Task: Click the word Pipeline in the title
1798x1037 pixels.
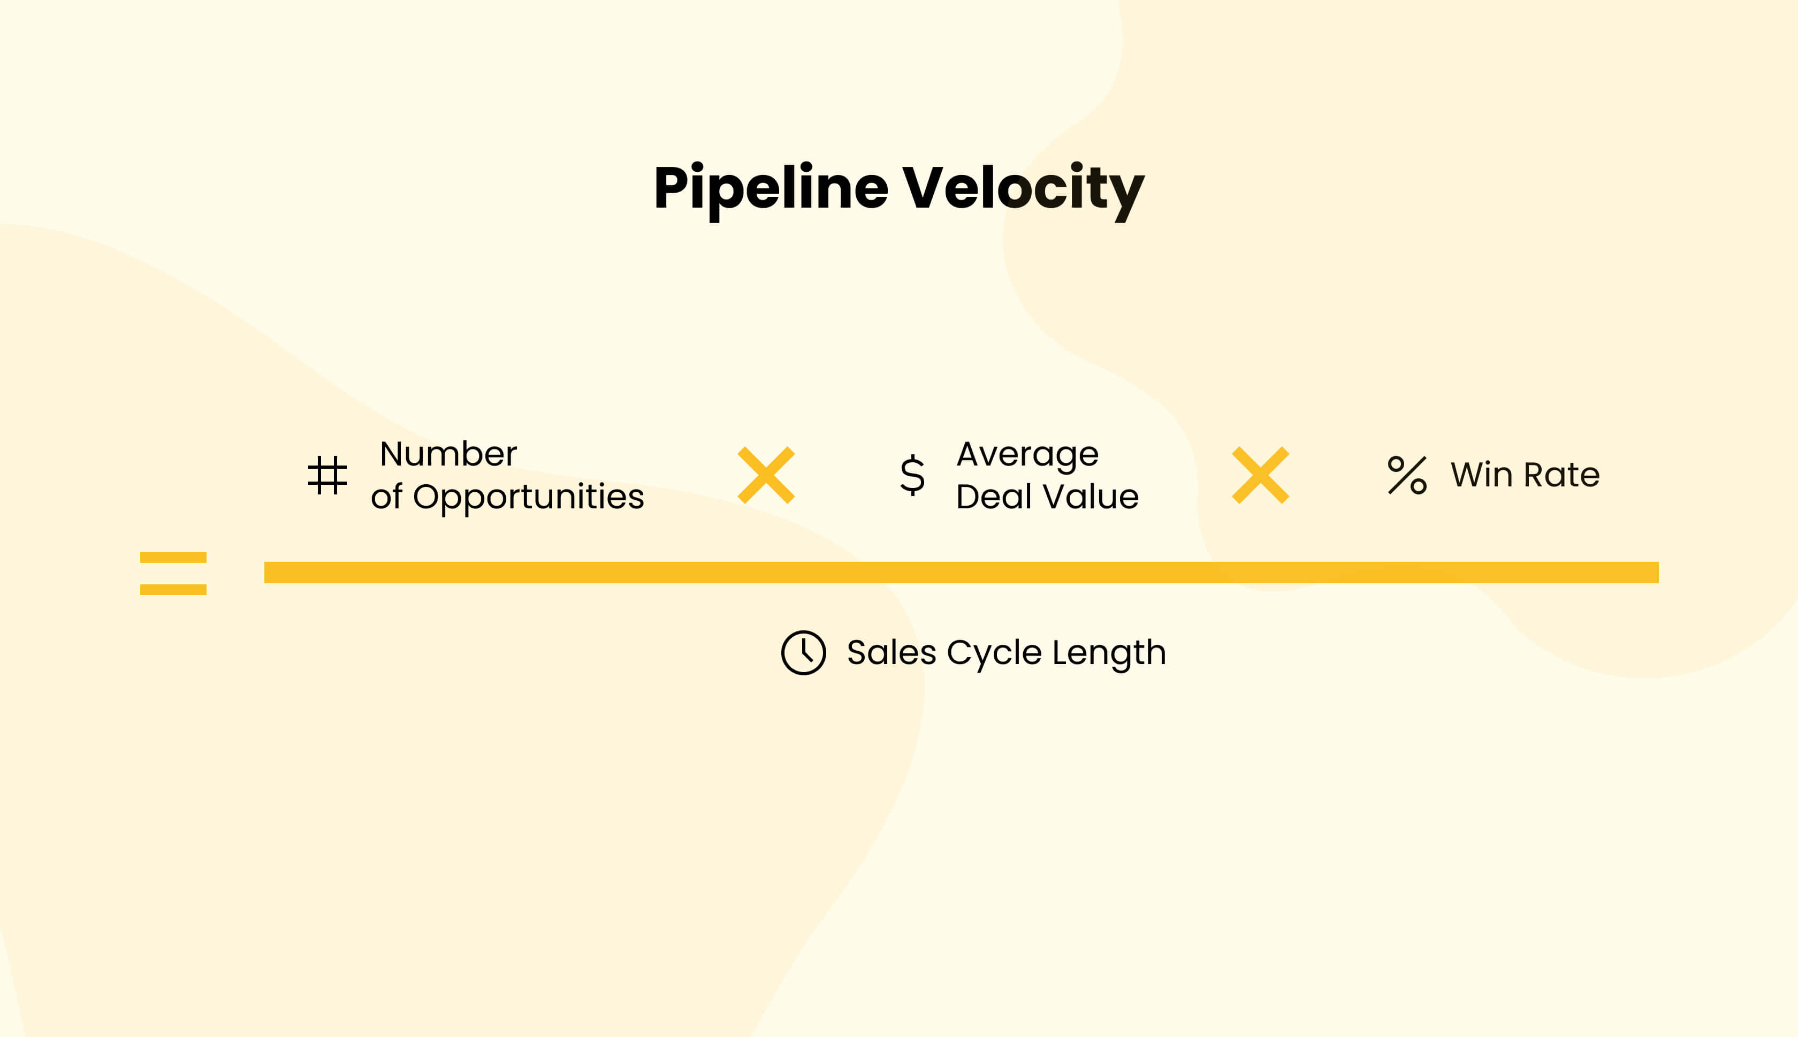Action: tap(771, 189)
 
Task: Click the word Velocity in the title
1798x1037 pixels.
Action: tap(1023, 189)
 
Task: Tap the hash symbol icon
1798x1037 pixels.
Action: tap(327, 475)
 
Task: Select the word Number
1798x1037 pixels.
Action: tap(448, 454)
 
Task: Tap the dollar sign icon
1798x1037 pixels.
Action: tap(912, 475)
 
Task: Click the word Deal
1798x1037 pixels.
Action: tap(992, 497)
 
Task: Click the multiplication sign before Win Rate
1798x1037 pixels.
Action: tap(1260, 475)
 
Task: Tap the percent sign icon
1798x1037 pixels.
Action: tap(1407, 475)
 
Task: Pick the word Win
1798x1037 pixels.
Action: tap(1482, 475)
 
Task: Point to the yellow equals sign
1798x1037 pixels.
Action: tap(173, 573)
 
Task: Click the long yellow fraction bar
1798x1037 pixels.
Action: tap(961, 573)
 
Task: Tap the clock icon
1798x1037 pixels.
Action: tap(803, 652)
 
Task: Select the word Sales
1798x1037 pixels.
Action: tap(891, 652)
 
